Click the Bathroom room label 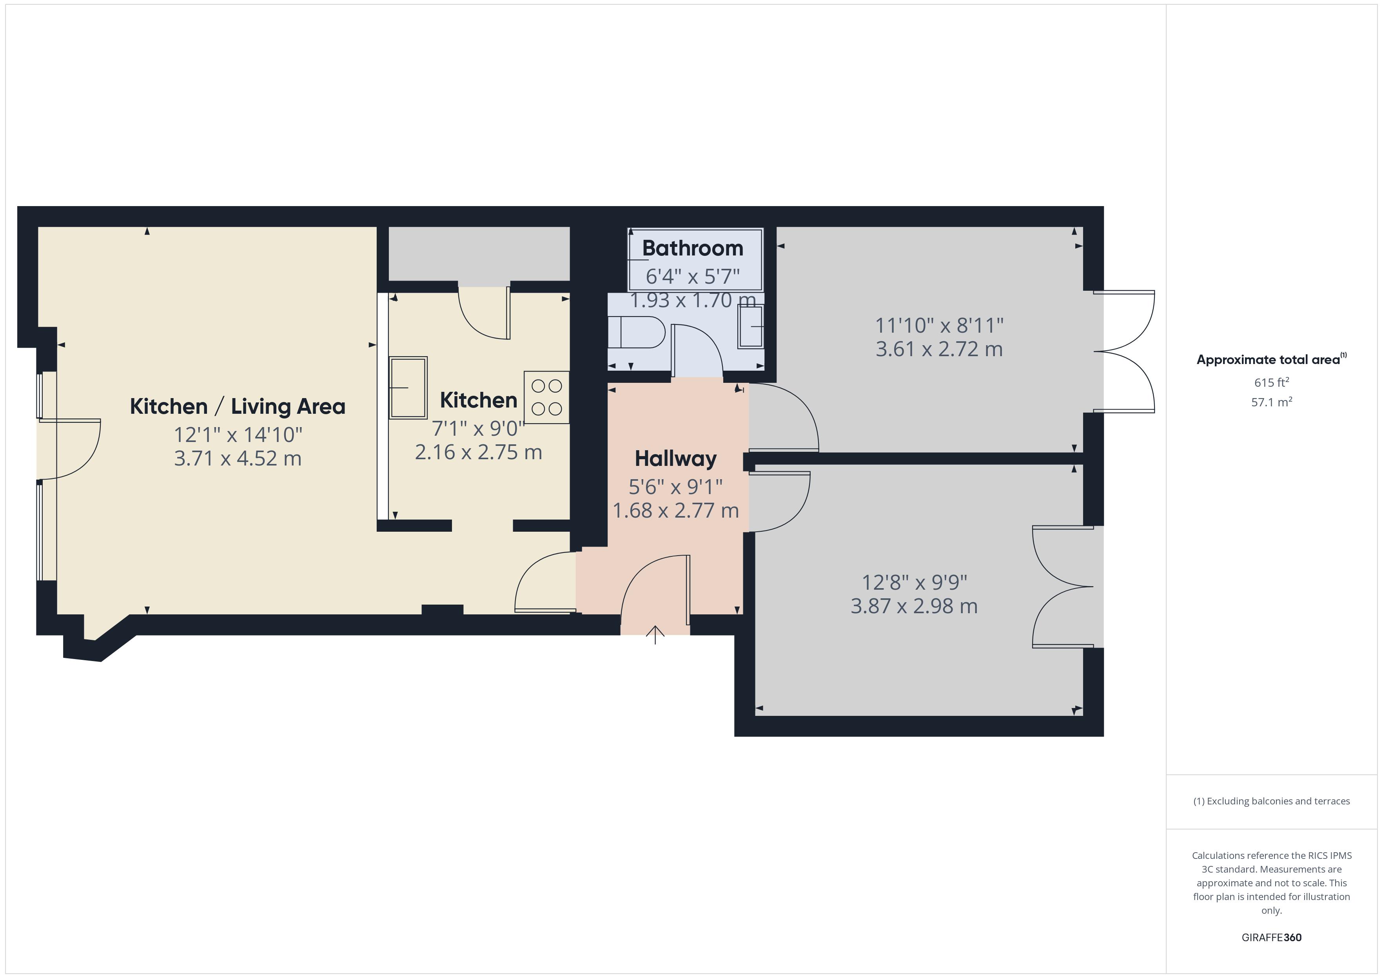click(x=692, y=248)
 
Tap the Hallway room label click(x=675, y=459)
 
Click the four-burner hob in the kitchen click(x=546, y=397)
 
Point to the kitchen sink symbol click(x=408, y=387)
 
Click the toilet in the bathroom click(x=635, y=332)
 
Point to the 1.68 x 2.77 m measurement click(x=675, y=511)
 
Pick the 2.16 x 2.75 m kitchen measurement click(x=478, y=452)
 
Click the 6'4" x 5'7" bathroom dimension click(x=692, y=276)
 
